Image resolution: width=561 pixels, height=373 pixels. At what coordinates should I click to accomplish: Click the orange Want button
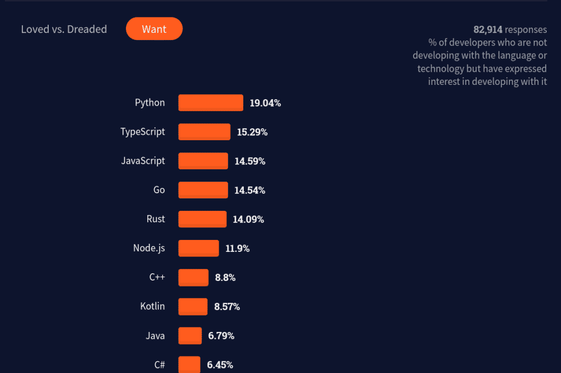click(x=154, y=29)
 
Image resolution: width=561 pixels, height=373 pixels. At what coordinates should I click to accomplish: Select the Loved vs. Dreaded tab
click(x=64, y=30)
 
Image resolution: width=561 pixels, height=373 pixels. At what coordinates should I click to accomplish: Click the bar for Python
click(x=210, y=103)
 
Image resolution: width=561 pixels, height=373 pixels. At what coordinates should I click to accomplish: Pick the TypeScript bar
click(x=204, y=132)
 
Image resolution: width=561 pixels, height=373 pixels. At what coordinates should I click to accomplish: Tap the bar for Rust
click(x=202, y=219)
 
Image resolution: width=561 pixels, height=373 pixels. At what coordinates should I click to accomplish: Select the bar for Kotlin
click(x=193, y=307)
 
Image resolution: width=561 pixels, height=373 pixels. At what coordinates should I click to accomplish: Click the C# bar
click(x=189, y=365)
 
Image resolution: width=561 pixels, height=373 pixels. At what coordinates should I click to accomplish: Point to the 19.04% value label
click(x=265, y=103)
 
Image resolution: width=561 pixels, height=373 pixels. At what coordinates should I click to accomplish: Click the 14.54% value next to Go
click(x=250, y=191)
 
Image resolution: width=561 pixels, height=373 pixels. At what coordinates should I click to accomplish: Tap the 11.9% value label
click(x=237, y=249)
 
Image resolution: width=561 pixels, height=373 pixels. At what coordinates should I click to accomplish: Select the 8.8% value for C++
click(x=225, y=278)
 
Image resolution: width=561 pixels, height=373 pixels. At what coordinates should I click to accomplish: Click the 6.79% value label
click(x=221, y=336)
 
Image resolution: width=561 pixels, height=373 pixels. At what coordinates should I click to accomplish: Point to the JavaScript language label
click(x=142, y=161)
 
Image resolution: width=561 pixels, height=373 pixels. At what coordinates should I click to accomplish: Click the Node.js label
click(x=148, y=248)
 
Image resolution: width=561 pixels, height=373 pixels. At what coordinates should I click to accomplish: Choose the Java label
click(x=155, y=336)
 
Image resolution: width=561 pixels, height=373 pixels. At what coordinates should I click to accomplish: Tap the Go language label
click(x=159, y=190)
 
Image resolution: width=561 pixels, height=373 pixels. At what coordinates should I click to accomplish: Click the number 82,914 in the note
click(x=488, y=30)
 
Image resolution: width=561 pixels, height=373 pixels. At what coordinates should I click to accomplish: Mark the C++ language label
click(x=157, y=277)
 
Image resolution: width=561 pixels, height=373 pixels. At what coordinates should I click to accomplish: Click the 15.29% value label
click(x=252, y=132)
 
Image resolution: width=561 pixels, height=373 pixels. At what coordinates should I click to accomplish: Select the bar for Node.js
click(x=198, y=249)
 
